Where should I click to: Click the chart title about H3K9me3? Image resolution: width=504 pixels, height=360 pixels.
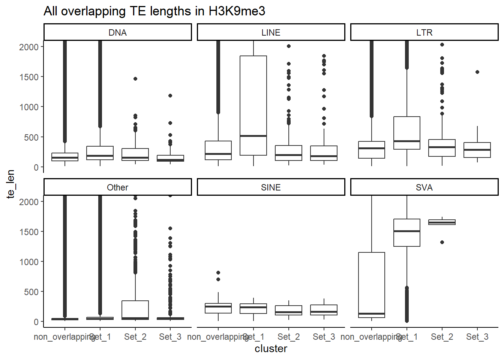tap(154, 11)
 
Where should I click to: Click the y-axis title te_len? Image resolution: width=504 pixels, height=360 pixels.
tap(10, 184)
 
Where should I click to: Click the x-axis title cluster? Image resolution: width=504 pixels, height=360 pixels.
tap(271, 349)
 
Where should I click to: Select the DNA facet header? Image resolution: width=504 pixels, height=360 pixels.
tap(117, 33)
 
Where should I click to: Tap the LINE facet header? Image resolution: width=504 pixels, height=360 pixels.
tap(271, 33)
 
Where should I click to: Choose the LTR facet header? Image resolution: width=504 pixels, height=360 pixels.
tap(424, 33)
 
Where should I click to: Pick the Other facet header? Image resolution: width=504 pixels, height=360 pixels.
tap(117, 187)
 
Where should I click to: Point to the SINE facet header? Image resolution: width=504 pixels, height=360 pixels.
tap(271, 187)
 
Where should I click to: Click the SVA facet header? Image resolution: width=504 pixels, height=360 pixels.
tap(424, 187)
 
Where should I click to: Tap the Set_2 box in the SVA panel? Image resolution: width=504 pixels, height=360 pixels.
tap(442, 222)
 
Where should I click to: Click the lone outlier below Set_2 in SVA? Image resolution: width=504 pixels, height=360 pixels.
tap(442, 242)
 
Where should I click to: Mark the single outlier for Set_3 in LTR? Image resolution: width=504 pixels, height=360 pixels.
tap(477, 72)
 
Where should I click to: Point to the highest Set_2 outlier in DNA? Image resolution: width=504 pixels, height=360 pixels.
tap(135, 79)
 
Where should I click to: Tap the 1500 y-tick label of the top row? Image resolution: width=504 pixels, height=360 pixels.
tap(29, 77)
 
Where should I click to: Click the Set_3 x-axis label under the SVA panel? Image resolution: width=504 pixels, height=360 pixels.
tap(477, 337)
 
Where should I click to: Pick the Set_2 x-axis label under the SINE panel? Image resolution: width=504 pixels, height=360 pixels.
tap(289, 337)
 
